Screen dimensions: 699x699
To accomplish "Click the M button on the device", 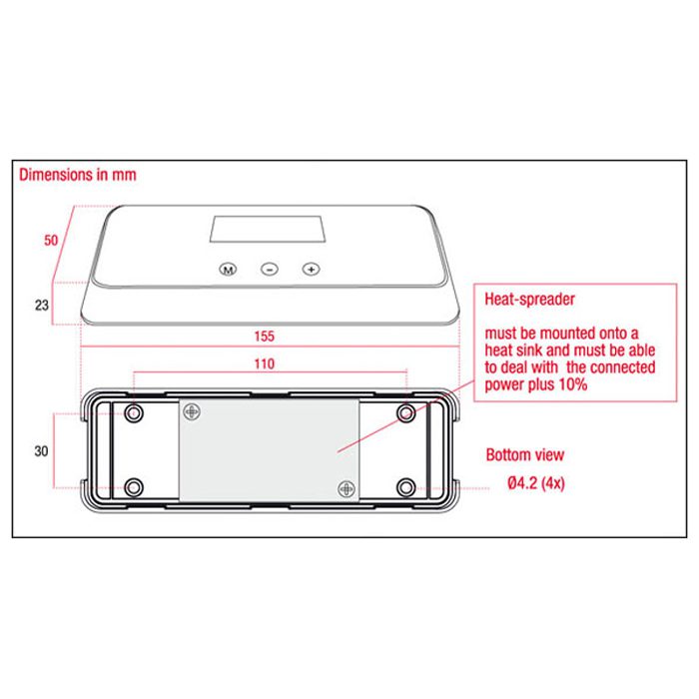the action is (x=228, y=270).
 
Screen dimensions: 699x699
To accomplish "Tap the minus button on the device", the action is (x=270, y=270).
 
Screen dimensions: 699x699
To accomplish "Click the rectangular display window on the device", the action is (x=268, y=229).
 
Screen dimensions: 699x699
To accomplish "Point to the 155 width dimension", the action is (x=264, y=337).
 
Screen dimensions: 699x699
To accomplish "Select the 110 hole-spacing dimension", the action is (x=264, y=363).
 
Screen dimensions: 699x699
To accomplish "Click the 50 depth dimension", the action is (x=51, y=241).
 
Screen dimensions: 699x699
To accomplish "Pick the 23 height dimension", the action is (x=42, y=306).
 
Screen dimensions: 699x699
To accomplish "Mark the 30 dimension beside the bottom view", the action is (x=41, y=451).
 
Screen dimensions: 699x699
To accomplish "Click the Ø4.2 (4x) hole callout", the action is (x=536, y=482).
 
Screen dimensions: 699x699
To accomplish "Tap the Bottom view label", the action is (x=524, y=454).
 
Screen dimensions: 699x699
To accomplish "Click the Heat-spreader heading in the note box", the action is (x=529, y=299).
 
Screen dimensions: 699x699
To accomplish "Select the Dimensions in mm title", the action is (x=78, y=175).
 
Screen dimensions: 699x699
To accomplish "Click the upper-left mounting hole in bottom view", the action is (x=133, y=413).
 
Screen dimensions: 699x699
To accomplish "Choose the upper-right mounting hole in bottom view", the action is (x=405, y=413).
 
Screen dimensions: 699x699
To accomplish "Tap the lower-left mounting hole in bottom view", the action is (x=133, y=487).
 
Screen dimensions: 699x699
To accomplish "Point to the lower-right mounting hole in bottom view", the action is (x=405, y=487).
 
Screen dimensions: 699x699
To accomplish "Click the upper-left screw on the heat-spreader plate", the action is (x=192, y=411).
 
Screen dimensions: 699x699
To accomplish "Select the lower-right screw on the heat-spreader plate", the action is (x=347, y=489).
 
